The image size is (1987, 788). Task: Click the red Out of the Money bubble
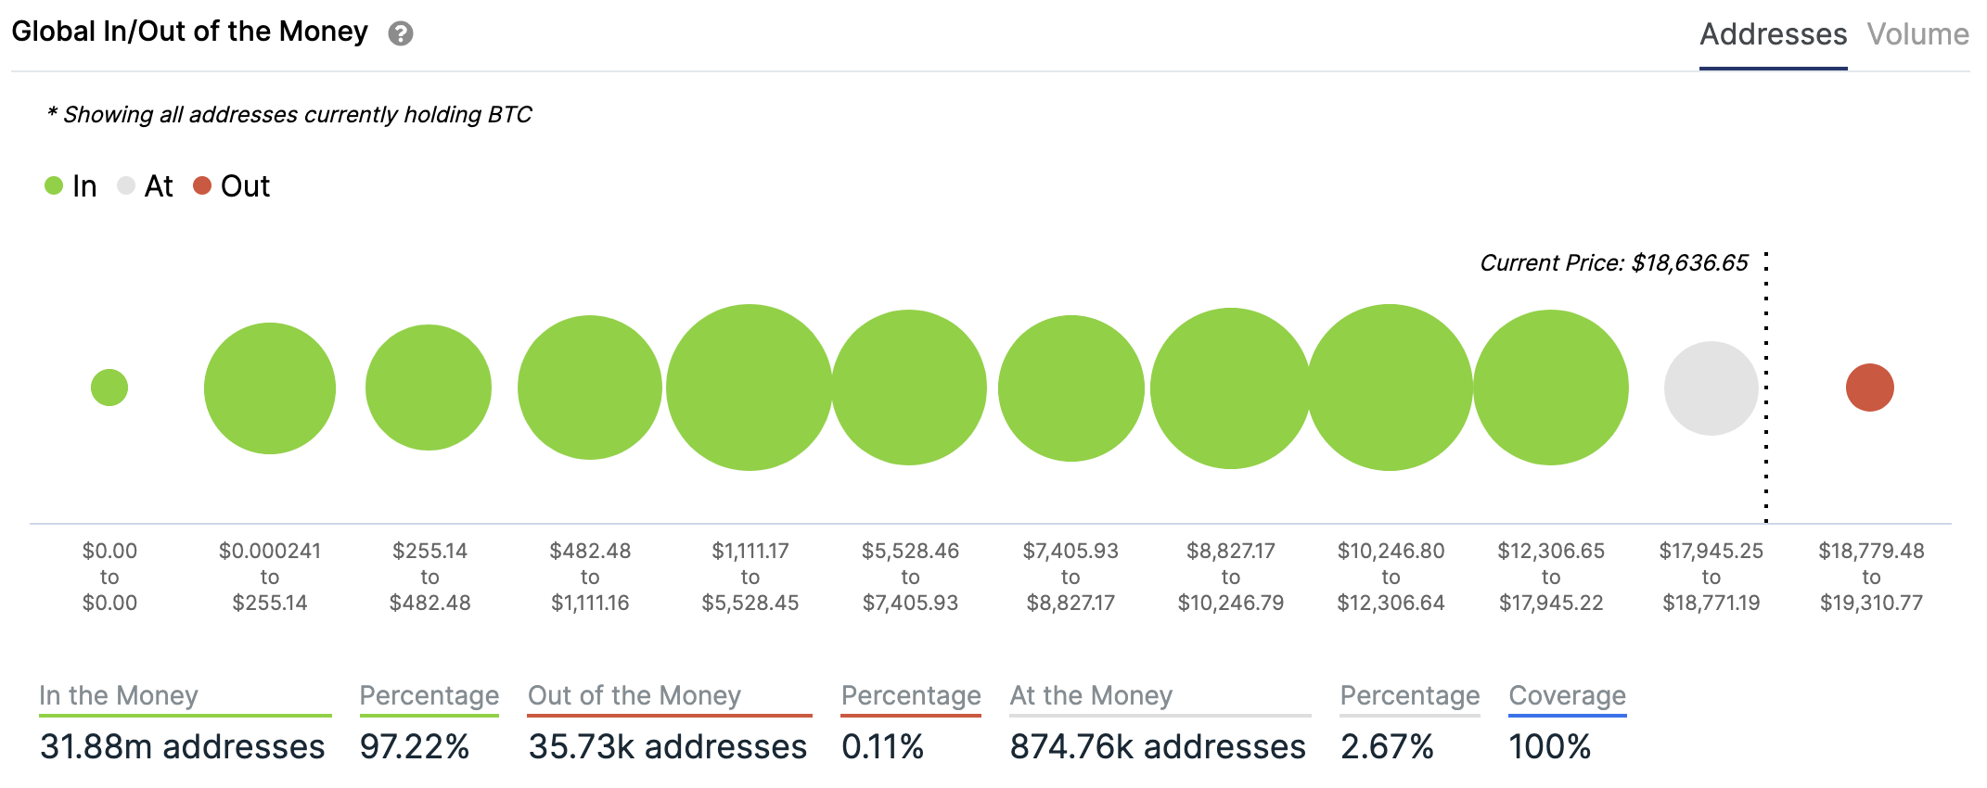1869,388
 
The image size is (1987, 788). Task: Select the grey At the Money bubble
1711,388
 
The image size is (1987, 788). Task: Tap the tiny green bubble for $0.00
109,388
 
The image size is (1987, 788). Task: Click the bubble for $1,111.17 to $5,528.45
750,388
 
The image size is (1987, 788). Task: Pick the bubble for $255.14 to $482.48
429,388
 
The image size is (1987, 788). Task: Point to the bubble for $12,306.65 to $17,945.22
1551,388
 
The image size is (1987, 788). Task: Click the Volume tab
1917,34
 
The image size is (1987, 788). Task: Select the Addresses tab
1773,34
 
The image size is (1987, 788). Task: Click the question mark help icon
401,34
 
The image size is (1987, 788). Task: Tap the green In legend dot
54,186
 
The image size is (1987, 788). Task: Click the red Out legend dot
202,186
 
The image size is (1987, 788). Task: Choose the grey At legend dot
126,186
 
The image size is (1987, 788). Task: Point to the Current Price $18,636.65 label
1613,263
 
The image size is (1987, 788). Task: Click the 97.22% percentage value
415,746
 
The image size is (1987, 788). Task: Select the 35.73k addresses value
667,746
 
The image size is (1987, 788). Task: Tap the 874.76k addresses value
1158,746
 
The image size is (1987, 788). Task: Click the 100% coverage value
1549,746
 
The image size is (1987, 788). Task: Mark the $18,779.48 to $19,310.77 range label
1871,577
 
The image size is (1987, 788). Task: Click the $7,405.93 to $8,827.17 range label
1070,577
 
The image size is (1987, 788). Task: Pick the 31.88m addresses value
183,746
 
